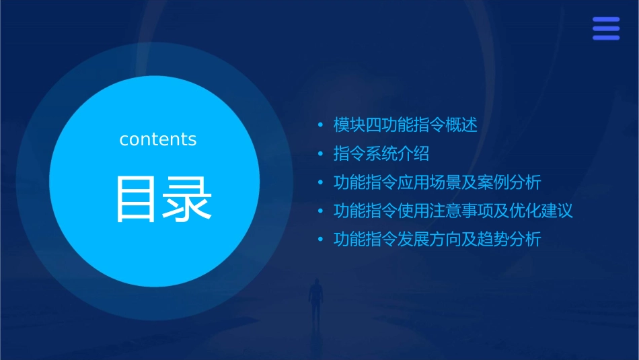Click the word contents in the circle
157,139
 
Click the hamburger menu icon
605,28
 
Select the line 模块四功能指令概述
405,125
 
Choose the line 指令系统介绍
381,153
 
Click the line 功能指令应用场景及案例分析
437,182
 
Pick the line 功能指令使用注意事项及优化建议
453,211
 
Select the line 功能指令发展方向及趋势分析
437,240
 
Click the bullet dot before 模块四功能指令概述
320,125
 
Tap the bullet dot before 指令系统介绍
320,154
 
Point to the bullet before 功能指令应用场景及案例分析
320,182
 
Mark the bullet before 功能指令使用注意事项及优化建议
320,211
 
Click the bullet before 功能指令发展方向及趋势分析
320,240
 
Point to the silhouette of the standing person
315,299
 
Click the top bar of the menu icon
605,20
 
